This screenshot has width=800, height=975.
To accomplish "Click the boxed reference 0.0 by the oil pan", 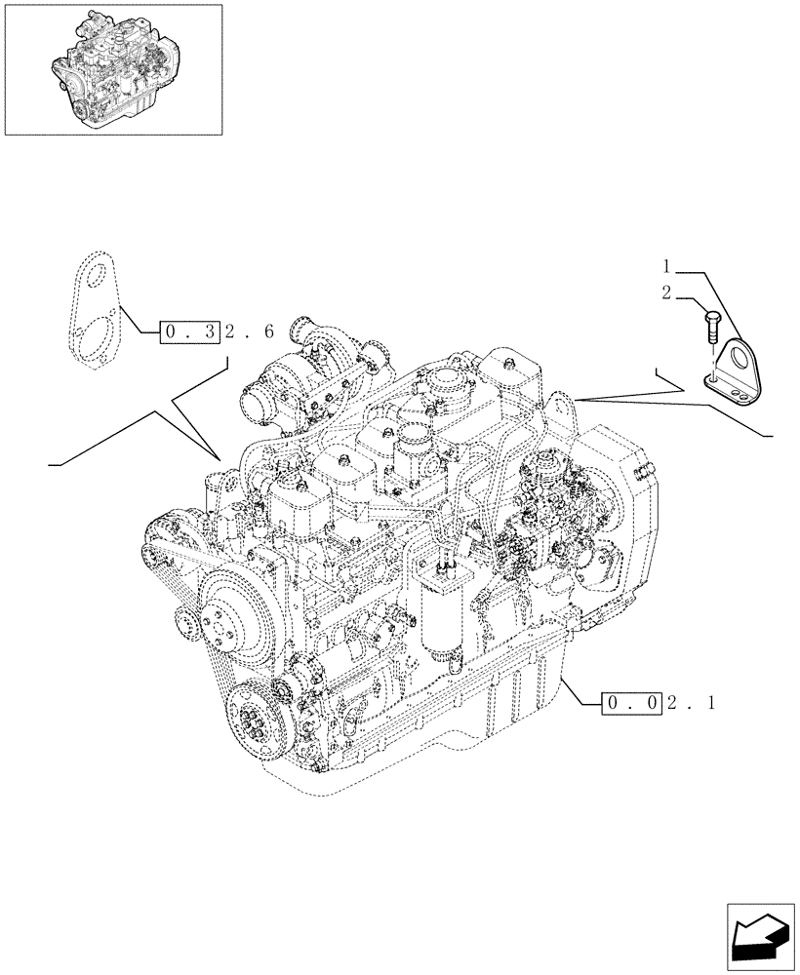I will pyautogui.click(x=634, y=702).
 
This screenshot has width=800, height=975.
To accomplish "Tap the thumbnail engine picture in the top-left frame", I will pyautogui.click(x=112, y=70).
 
